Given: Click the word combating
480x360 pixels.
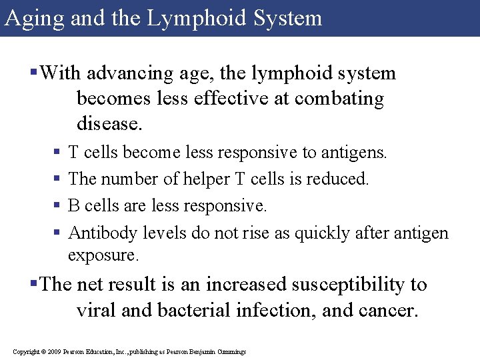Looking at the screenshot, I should coord(339,99).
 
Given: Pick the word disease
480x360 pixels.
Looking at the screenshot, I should coord(109,123).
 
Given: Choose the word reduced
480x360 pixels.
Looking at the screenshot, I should coord(339,179).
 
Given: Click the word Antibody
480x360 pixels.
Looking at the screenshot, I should coord(99,233).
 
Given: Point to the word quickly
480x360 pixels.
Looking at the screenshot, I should coord(324,233).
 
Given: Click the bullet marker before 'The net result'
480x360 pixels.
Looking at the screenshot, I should coord(34,285).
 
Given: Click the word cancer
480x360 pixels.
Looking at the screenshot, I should coord(386,311).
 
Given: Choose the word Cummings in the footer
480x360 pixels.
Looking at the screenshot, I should coord(231,351).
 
